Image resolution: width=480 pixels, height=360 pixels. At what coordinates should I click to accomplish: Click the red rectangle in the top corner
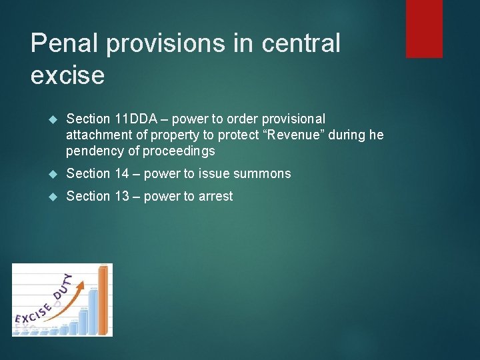click(x=424, y=28)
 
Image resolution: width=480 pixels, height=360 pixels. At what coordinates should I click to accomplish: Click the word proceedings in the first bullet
click(x=178, y=151)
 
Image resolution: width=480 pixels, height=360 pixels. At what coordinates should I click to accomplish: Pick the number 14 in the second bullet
click(x=121, y=174)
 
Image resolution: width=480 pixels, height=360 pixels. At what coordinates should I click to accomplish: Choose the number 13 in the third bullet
click(x=121, y=197)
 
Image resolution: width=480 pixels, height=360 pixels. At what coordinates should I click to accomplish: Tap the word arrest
click(x=214, y=197)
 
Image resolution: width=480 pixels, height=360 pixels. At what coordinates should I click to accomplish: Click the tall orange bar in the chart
click(x=103, y=300)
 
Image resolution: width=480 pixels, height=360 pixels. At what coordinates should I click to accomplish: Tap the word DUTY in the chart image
click(x=63, y=286)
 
